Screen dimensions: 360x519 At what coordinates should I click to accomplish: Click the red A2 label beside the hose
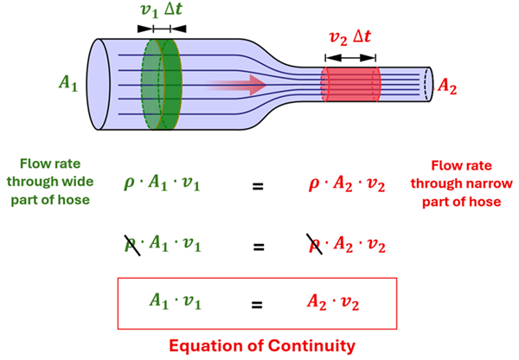tap(449, 86)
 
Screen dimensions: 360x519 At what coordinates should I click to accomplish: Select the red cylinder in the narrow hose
tap(350, 86)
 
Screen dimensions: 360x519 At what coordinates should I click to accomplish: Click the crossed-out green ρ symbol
tap(134, 246)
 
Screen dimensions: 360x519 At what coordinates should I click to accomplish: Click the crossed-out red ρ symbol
tap(317, 246)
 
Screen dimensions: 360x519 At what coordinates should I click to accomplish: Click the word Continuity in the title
tap(307, 345)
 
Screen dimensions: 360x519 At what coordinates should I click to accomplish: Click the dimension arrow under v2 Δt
tap(350, 58)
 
